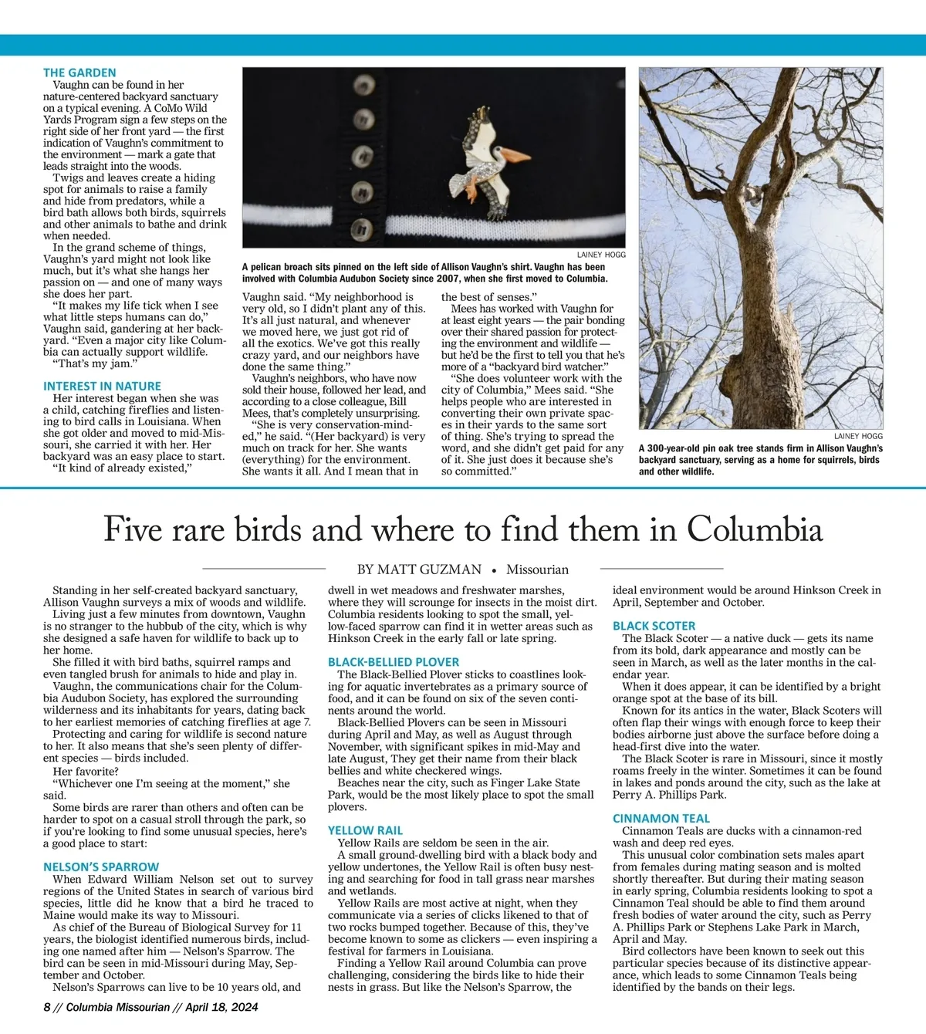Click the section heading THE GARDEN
click(79, 73)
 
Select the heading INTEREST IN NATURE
click(102, 386)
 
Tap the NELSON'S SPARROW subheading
click(101, 867)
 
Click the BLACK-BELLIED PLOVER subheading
click(394, 662)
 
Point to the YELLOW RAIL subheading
click(365, 830)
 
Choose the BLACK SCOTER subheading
click(654, 626)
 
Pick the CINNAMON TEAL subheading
click(661, 818)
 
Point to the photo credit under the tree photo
click(858, 436)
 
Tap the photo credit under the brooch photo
click(601, 255)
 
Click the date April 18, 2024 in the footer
click(221, 1006)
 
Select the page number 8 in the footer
click(47, 1006)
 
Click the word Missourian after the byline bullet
click(537, 569)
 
